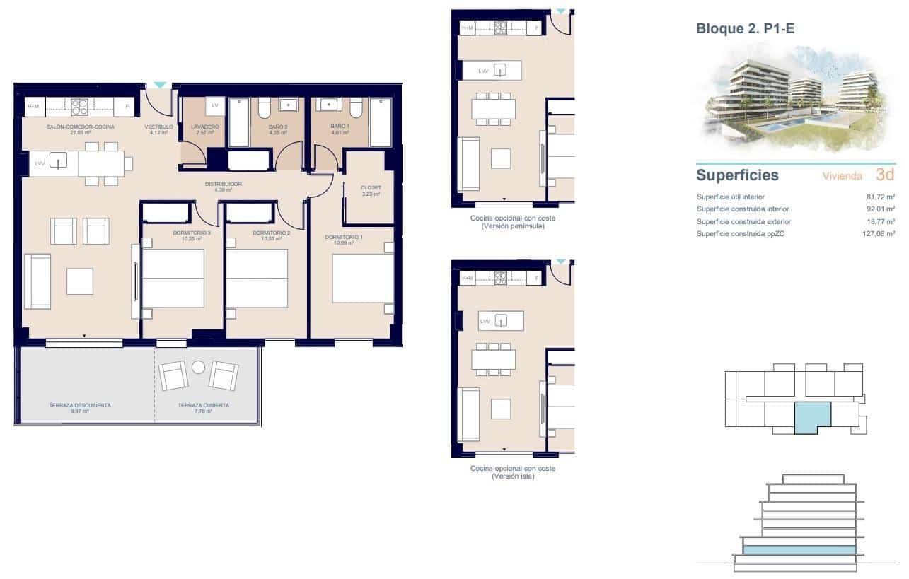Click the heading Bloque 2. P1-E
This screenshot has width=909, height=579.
coord(747,29)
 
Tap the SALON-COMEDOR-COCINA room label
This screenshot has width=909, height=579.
coord(70,127)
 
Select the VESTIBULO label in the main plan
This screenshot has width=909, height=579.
coord(158,127)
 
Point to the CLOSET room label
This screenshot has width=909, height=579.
coord(371,188)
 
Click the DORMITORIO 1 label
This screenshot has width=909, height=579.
coord(344,237)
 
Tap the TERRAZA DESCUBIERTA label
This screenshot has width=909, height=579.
coord(79,406)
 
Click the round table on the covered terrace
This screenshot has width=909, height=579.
coord(198,367)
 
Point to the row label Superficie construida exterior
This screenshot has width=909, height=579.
coord(743,221)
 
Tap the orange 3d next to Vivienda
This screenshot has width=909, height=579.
coord(885,175)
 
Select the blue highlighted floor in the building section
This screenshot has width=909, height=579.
coord(799,549)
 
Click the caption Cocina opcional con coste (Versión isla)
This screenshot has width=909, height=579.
coord(513,472)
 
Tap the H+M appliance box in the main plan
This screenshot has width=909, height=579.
coord(34,107)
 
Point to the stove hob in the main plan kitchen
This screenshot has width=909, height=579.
coord(79,107)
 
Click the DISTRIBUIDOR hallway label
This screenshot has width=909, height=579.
coord(224,184)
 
